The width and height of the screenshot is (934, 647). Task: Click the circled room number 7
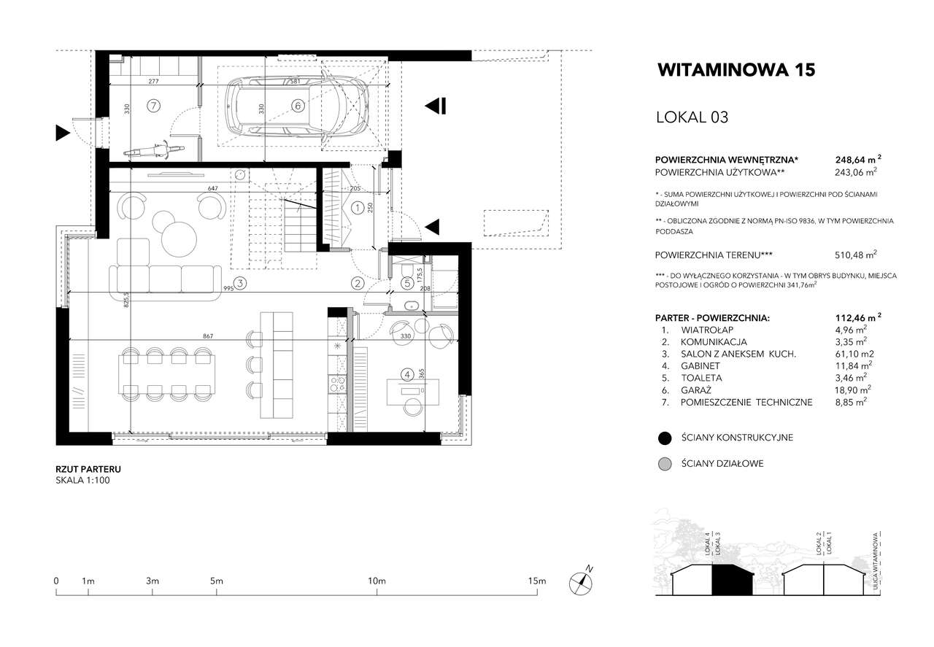coord(153,106)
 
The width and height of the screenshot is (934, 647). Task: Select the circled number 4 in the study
coord(407,375)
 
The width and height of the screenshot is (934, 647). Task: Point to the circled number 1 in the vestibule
coord(358,208)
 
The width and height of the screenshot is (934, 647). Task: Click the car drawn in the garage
coord(297,106)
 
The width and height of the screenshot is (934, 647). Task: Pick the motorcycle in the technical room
coord(153,150)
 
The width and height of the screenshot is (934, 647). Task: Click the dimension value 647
coord(212,188)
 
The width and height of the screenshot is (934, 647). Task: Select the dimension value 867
coord(208,336)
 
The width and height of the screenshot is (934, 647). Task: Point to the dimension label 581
coord(295,82)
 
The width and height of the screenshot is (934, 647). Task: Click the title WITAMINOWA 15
coord(736,70)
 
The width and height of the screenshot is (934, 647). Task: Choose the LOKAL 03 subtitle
coord(692,117)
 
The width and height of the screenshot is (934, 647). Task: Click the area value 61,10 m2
coord(854,354)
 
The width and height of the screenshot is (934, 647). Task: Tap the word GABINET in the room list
coord(700,366)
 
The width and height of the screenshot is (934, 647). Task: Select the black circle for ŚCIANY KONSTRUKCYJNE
coord(665,438)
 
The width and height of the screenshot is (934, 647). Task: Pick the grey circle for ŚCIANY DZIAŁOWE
coord(665,464)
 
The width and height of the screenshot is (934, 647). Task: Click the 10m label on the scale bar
coord(377,581)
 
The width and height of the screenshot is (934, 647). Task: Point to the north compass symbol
coord(581,583)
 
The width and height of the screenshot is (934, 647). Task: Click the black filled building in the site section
coord(732,580)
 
